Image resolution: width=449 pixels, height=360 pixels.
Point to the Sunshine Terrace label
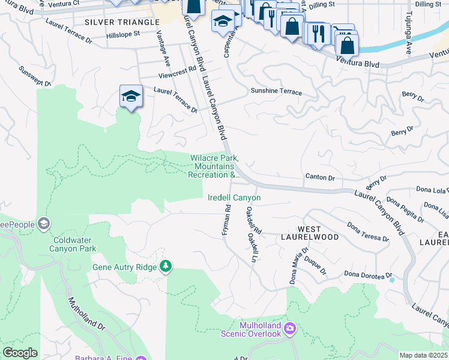tap(276, 92)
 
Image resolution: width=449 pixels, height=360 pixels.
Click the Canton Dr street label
tap(319, 177)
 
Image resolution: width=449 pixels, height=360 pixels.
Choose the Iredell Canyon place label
tap(234, 197)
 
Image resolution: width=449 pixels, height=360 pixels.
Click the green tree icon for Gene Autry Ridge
tap(166, 266)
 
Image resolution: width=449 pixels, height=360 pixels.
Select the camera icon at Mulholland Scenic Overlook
tap(291, 328)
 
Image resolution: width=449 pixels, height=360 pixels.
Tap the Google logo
tap(20, 353)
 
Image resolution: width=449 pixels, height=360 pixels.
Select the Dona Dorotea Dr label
tap(368, 274)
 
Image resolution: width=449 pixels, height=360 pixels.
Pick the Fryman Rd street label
tap(227, 221)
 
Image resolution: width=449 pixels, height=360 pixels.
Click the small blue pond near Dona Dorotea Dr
tap(392, 280)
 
